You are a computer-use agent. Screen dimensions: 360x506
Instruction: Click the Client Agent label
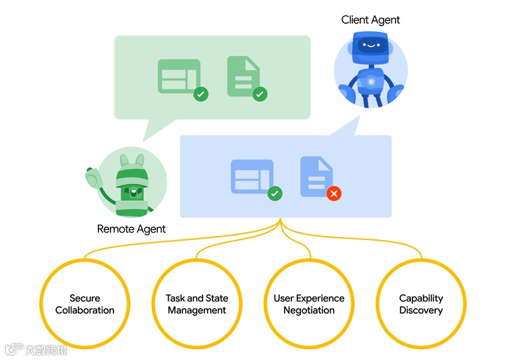click(x=370, y=20)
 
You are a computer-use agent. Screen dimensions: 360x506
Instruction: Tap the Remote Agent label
click(x=132, y=229)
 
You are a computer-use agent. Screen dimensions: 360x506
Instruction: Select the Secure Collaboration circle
click(x=85, y=304)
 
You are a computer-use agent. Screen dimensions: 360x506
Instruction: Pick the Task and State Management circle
click(x=197, y=304)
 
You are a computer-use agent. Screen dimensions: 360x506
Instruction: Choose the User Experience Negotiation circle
click(x=309, y=304)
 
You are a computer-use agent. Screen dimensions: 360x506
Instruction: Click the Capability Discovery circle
click(x=421, y=304)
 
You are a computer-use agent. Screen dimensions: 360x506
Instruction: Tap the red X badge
click(x=333, y=193)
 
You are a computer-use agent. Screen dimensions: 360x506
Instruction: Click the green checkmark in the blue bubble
click(x=275, y=193)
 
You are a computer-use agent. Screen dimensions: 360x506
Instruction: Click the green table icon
click(x=179, y=76)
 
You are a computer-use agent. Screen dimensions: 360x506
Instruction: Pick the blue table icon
click(x=252, y=177)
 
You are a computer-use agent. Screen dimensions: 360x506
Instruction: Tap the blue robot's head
click(x=370, y=48)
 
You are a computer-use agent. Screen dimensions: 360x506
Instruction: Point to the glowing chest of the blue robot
click(x=370, y=82)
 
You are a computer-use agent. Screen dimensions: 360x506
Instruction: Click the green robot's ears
click(x=132, y=161)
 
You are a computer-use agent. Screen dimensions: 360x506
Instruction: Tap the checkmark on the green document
click(x=260, y=94)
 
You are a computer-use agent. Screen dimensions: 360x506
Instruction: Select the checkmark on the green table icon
click(x=200, y=94)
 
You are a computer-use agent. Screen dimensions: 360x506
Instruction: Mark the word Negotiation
click(x=309, y=311)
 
